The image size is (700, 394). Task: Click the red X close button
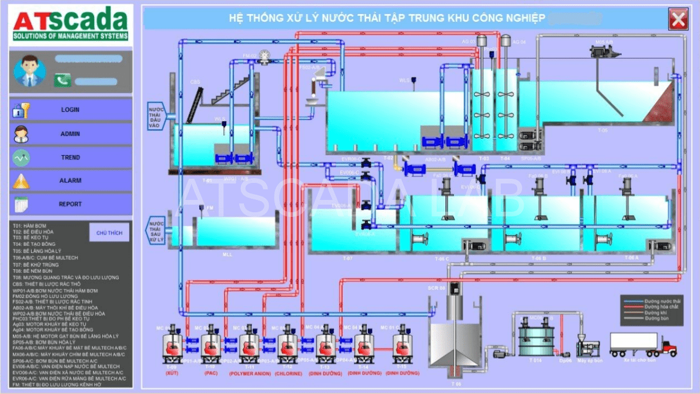[678, 19]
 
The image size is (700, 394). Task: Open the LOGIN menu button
[71, 110]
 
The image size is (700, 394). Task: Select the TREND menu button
[71, 158]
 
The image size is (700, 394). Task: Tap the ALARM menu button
[71, 181]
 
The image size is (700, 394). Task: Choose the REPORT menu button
[71, 204]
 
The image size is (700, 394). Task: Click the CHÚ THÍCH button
[109, 233]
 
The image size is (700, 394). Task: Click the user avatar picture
[29, 71]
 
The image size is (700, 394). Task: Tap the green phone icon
[62, 80]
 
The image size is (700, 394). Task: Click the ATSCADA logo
[71, 25]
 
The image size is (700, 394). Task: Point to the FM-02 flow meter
[266, 57]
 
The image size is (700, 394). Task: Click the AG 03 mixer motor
[481, 41]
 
